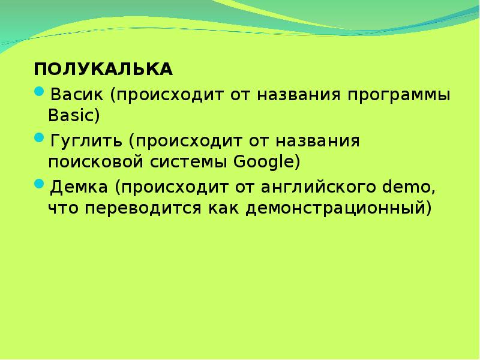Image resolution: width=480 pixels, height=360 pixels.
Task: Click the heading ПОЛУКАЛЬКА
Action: (x=103, y=70)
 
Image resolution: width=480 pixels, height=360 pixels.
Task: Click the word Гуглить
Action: (x=86, y=142)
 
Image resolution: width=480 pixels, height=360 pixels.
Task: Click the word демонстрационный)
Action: (x=326, y=208)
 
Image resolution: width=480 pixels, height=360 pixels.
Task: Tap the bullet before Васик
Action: (x=39, y=92)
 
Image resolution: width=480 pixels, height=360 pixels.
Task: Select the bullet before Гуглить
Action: (x=39, y=139)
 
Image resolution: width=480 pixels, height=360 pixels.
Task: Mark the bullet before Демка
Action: (x=39, y=185)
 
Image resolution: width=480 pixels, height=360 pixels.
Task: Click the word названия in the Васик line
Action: (x=301, y=96)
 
